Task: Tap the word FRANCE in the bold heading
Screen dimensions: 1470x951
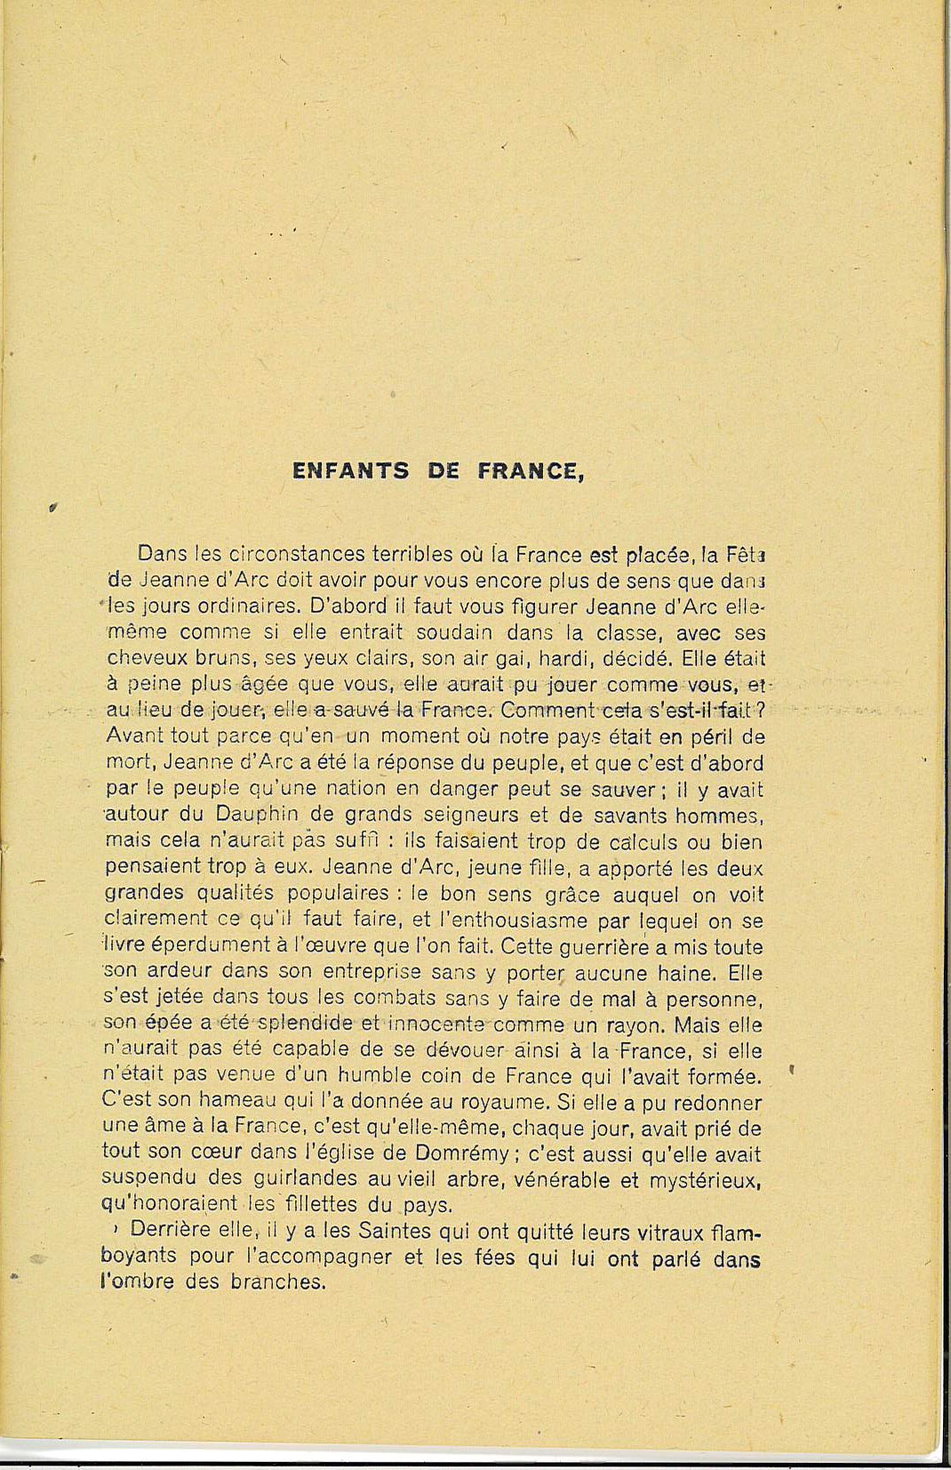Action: [531, 471]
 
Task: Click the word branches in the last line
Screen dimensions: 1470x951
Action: [281, 1282]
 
